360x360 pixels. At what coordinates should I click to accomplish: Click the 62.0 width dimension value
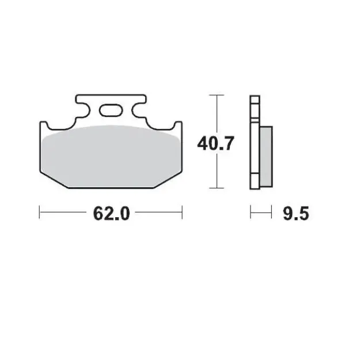point(109,214)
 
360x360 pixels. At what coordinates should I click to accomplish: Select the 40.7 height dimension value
point(215,142)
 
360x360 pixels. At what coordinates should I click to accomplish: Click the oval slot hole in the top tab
point(110,109)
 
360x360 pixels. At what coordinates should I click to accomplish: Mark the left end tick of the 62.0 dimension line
point(39,214)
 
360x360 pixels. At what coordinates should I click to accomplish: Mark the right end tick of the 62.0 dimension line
point(182,214)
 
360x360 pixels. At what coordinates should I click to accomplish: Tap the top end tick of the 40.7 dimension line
point(216,95)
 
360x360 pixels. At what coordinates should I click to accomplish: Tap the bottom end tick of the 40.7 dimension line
point(216,188)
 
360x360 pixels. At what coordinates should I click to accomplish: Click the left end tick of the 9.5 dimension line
point(251,214)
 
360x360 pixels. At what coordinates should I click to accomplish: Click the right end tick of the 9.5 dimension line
point(271,214)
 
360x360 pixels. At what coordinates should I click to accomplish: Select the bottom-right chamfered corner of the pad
point(170,180)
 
